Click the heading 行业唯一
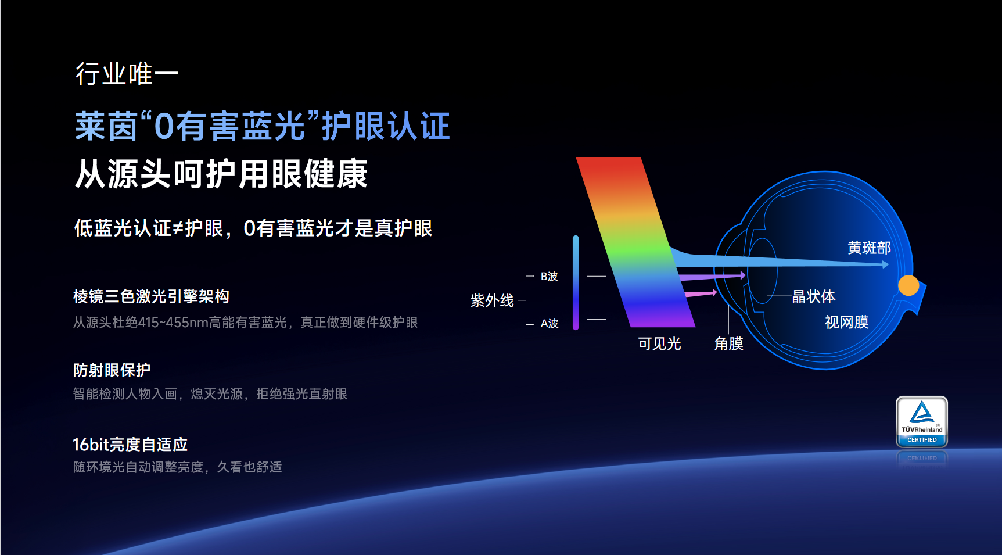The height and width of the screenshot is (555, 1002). point(127,74)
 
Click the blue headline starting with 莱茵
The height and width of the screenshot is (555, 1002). point(262,126)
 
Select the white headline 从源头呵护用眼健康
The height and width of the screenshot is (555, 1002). point(221,174)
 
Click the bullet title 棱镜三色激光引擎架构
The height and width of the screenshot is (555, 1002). point(151,296)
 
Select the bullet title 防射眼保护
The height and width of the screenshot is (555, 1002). point(112,370)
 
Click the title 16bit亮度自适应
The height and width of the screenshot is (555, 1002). point(130,445)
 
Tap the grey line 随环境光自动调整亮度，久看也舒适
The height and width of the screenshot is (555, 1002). point(177,467)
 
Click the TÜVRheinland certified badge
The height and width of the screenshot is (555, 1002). point(922,422)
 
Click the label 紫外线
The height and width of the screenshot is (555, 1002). point(492,300)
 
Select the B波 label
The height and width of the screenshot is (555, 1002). point(549,277)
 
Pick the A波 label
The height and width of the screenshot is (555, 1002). point(549,323)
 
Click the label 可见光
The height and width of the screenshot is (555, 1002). point(659,343)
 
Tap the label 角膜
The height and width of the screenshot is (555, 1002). point(728,343)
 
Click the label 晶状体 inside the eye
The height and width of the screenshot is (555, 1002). point(813,296)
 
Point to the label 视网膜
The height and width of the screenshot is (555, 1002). point(846,322)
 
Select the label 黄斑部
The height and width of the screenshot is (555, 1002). point(869,248)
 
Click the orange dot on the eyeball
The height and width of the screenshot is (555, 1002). point(908,285)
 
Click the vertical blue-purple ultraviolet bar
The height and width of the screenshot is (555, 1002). point(576,283)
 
